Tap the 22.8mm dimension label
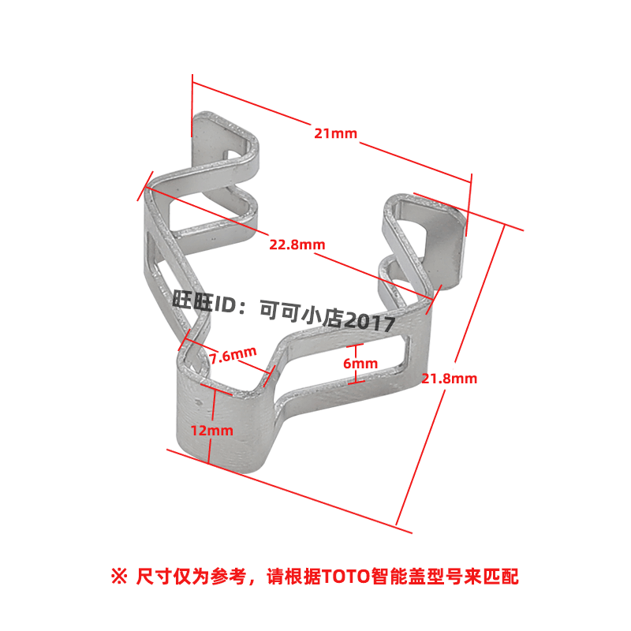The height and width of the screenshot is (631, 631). (x=297, y=245)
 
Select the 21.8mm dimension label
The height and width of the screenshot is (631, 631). (x=449, y=379)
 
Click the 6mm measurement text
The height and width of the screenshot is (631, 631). (x=360, y=364)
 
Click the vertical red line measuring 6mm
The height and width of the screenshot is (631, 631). (x=357, y=364)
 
